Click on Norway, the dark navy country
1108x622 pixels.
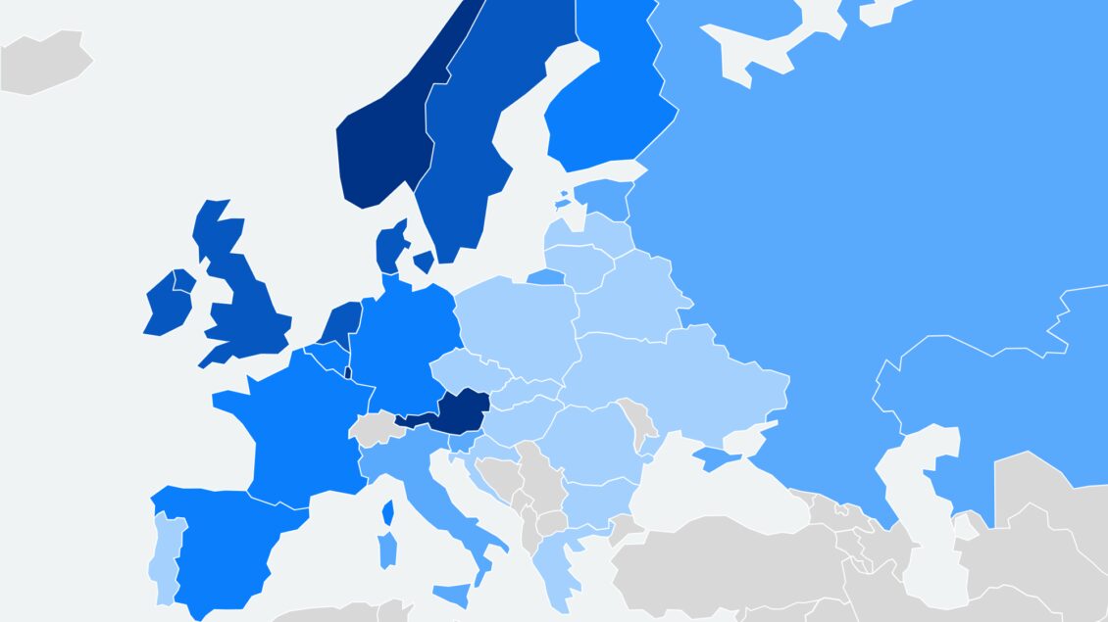click(378, 147)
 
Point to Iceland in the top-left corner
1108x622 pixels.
click(44, 64)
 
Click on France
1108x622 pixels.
click(294, 431)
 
